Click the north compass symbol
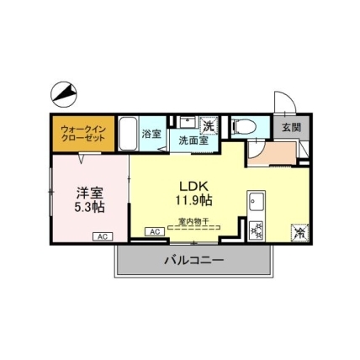click(64, 94)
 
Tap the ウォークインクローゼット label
click(83, 134)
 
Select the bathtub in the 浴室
click(128, 134)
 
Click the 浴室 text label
click(151, 134)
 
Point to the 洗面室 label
click(193, 140)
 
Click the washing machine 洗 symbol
click(209, 125)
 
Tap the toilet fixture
click(245, 127)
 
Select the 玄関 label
click(291, 128)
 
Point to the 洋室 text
click(90, 193)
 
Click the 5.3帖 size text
click(89, 207)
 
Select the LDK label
click(193, 186)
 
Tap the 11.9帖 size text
click(193, 200)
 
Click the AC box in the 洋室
click(103, 236)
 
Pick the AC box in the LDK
click(155, 232)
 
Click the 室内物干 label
click(193, 221)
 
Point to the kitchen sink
click(257, 201)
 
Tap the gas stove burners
click(257, 230)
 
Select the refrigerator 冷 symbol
click(300, 232)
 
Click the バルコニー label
click(194, 261)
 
